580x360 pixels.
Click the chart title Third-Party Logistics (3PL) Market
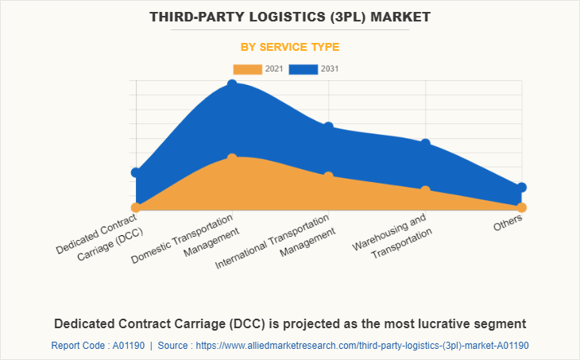pyautogui.click(x=290, y=17)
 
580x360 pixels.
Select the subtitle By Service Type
pyautogui.click(x=290, y=47)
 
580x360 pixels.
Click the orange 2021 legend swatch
pyautogui.click(x=247, y=69)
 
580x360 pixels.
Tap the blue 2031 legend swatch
pyautogui.click(x=303, y=69)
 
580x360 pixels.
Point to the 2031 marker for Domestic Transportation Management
pyautogui.click(x=232, y=84)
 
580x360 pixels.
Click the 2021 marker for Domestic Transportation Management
pyautogui.click(x=232, y=158)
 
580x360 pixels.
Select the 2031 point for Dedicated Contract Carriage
pyautogui.click(x=136, y=172)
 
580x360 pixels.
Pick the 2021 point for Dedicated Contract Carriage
pyautogui.click(x=136, y=207)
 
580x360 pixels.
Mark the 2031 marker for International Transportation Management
pyautogui.click(x=328, y=127)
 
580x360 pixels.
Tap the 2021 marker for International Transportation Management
pyautogui.click(x=328, y=176)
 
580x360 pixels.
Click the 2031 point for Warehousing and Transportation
pyautogui.click(x=425, y=144)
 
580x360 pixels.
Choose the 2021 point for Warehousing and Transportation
pyautogui.click(x=425, y=191)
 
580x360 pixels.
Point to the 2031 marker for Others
pyautogui.click(x=521, y=188)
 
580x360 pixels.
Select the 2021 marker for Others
pyautogui.click(x=521, y=207)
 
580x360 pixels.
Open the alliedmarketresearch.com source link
pyautogui.click(x=362, y=346)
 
